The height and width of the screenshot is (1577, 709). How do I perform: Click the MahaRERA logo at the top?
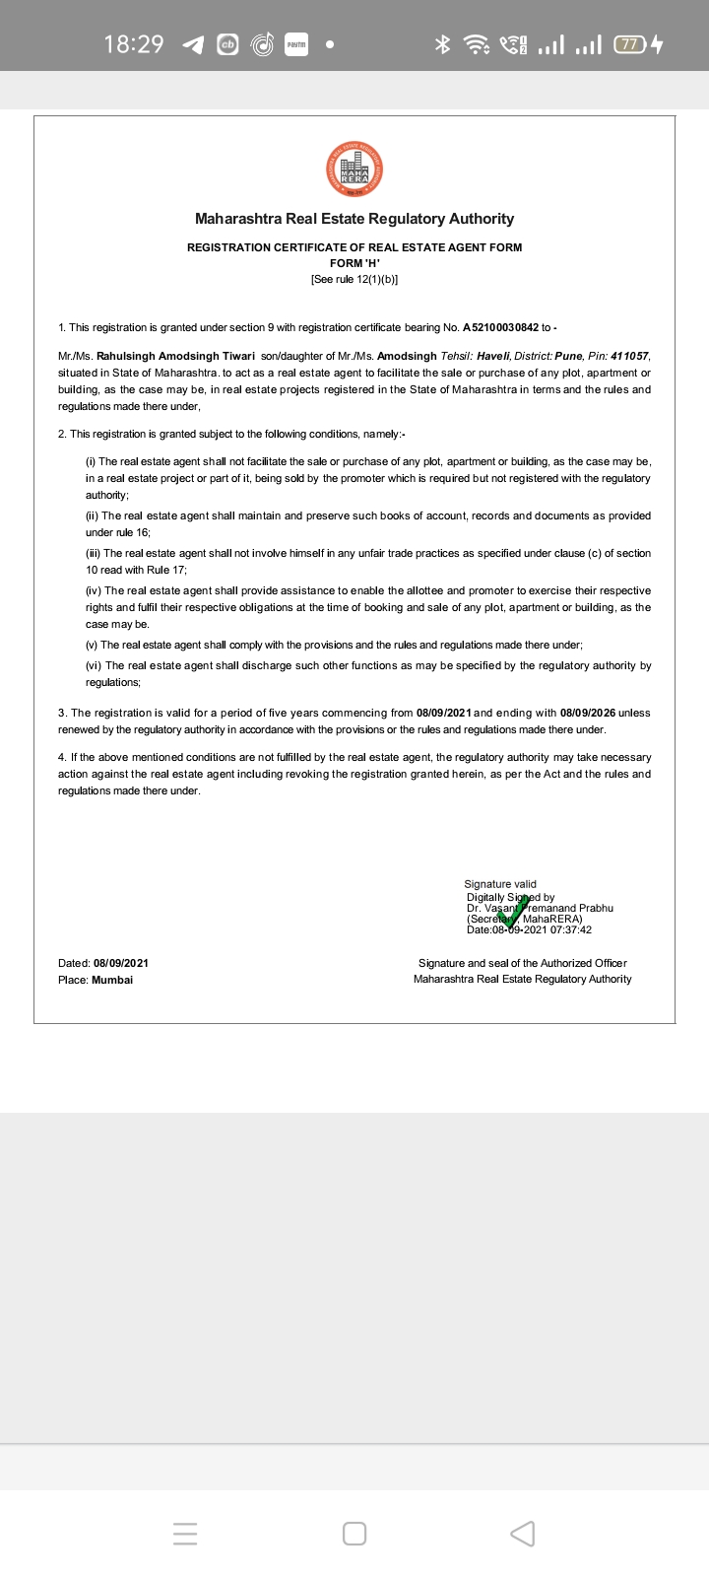pos(354,171)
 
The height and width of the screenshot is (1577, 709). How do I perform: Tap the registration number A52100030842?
pos(500,327)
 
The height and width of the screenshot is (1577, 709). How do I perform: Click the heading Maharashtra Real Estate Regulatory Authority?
pos(354,219)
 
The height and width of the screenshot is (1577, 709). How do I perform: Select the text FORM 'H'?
pos(354,263)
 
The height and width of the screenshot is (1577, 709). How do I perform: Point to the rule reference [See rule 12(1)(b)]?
pos(354,279)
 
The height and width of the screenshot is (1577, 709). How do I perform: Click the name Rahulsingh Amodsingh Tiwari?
pos(175,356)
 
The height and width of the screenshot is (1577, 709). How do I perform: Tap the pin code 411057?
pos(629,356)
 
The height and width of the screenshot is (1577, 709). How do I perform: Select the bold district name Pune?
pos(569,356)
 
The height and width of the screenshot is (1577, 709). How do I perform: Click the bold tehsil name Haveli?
pos(492,356)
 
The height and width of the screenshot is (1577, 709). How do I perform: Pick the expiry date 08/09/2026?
pos(588,713)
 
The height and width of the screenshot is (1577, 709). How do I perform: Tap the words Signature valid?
pos(500,884)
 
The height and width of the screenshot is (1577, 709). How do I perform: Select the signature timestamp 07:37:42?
pos(571,929)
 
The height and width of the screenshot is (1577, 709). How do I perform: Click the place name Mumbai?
pos(112,980)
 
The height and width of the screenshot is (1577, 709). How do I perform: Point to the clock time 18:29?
pos(134,44)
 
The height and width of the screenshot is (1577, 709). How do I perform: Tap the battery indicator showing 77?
pos(629,44)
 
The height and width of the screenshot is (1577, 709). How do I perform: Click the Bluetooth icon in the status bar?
pos(443,44)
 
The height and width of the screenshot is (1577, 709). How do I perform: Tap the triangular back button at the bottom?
pos(523,1534)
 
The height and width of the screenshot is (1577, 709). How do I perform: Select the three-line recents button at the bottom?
pos(185,1534)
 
